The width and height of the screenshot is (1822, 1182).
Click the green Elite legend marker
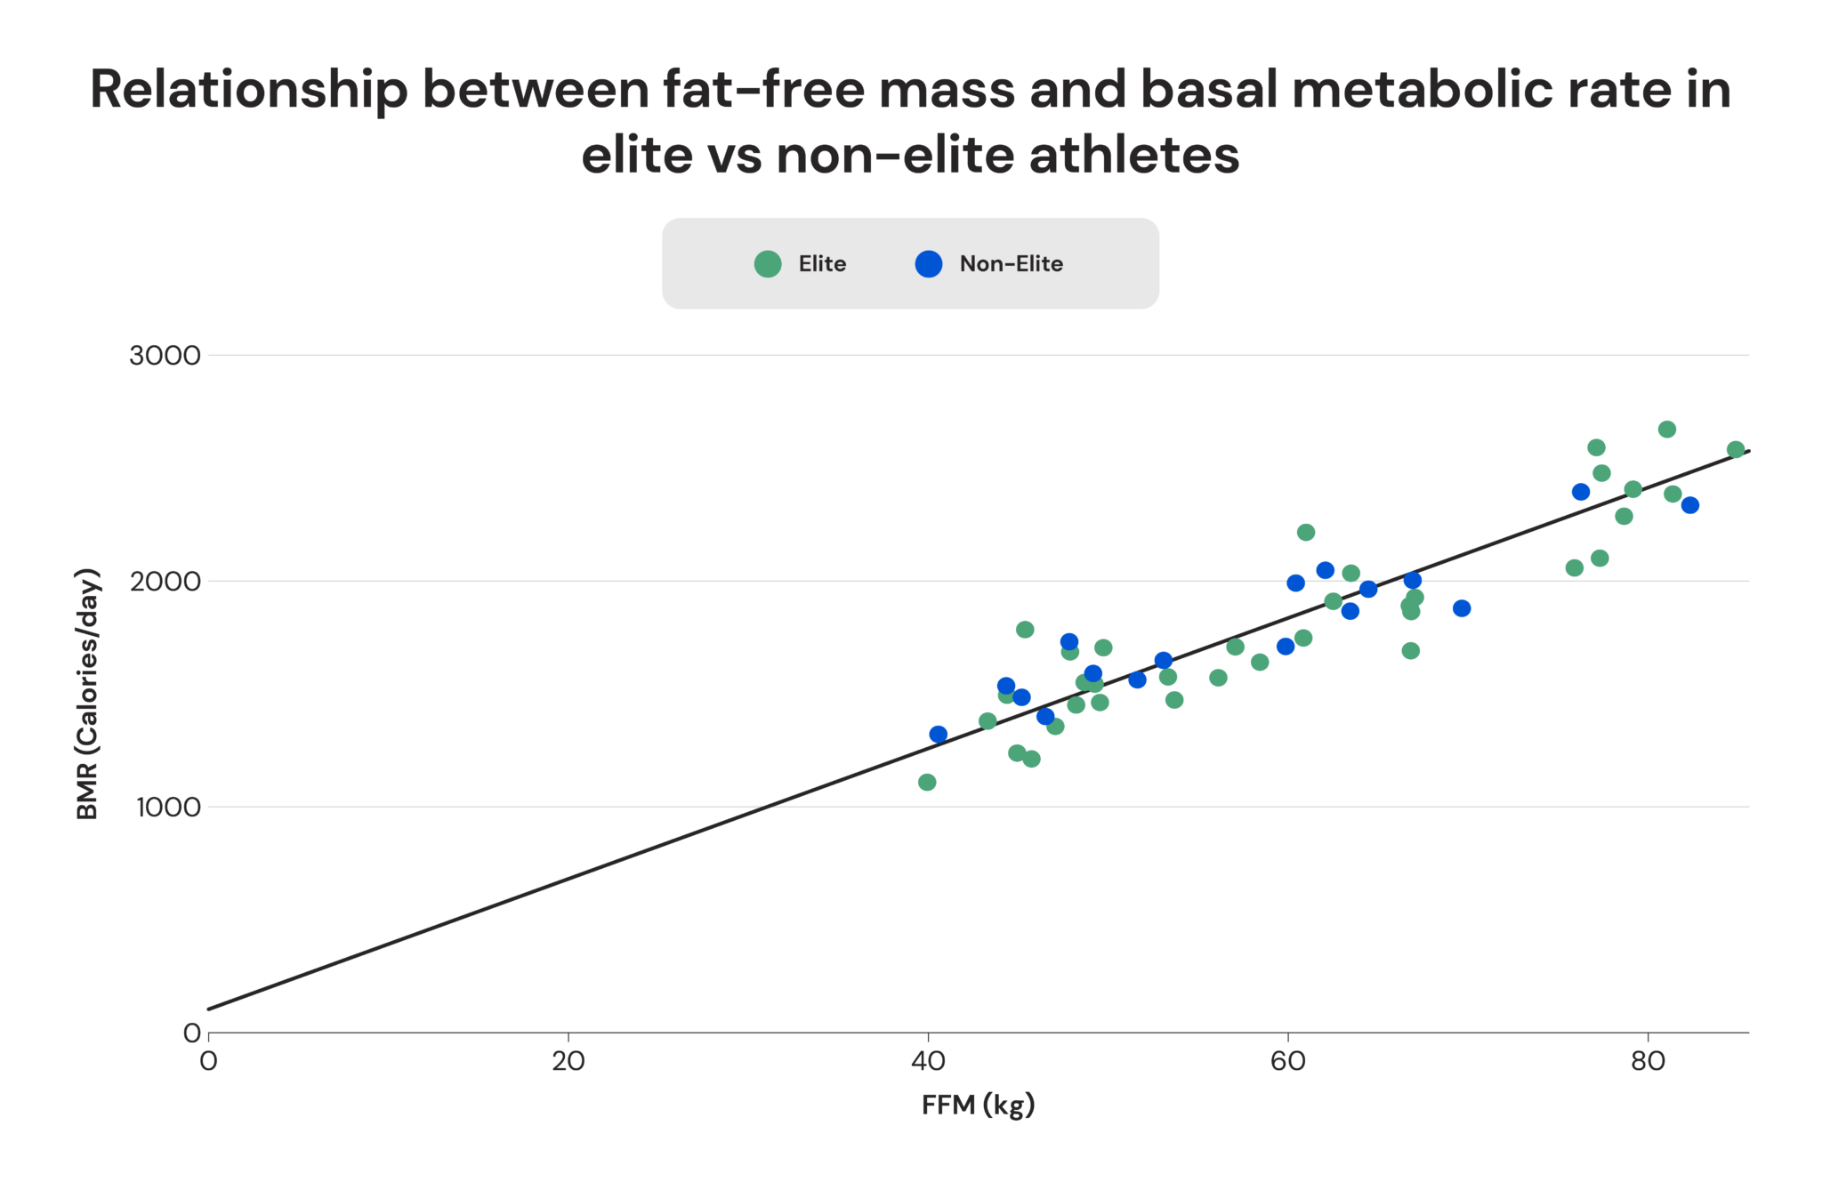(767, 264)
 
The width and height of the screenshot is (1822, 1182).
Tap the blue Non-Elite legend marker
(929, 264)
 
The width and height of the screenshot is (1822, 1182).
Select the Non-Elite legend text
(1011, 264)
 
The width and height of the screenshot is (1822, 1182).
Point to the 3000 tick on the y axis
(165, 356)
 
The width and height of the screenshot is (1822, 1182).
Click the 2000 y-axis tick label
(165, 582)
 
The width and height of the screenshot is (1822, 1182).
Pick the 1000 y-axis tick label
(168, 808)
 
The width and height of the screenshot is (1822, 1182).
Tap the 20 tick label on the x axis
(568, 1061)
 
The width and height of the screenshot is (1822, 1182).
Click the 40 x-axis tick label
(928, 1061)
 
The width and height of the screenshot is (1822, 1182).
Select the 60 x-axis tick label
(1287, 1061)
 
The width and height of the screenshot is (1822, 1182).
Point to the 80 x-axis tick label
(1648, 1061)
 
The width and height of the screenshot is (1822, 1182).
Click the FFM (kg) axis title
(978, 1105)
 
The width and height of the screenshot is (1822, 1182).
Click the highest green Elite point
(1667, 430)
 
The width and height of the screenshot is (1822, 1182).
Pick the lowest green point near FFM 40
(927, 783)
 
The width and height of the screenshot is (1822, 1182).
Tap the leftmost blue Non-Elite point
(939, 735)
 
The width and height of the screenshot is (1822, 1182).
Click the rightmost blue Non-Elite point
(1690, 505)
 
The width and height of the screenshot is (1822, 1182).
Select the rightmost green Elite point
(1736, 450)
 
